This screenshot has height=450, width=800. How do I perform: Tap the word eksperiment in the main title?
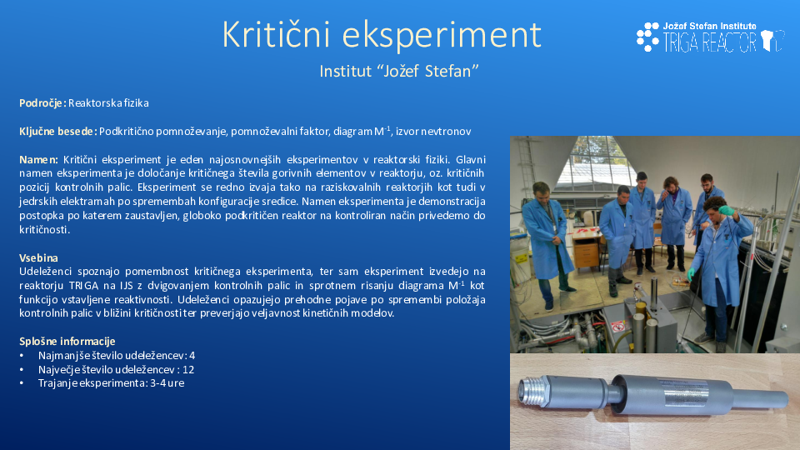442,36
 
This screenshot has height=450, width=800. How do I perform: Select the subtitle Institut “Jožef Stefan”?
399,71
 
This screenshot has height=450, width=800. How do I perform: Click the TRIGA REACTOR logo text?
710,42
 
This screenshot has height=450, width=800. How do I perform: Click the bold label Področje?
42,103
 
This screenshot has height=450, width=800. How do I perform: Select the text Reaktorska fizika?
108,103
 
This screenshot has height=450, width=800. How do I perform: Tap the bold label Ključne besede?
58,132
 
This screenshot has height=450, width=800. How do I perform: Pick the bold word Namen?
39,160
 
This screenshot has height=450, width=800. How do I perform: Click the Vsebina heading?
39,257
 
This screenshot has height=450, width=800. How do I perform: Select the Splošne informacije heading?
67,342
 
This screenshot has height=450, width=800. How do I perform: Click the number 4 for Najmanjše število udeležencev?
192,356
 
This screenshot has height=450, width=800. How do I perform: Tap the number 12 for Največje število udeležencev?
188,369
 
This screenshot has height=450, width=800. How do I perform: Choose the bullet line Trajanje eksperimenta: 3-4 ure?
111,383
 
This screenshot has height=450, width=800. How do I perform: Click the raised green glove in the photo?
727,210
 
